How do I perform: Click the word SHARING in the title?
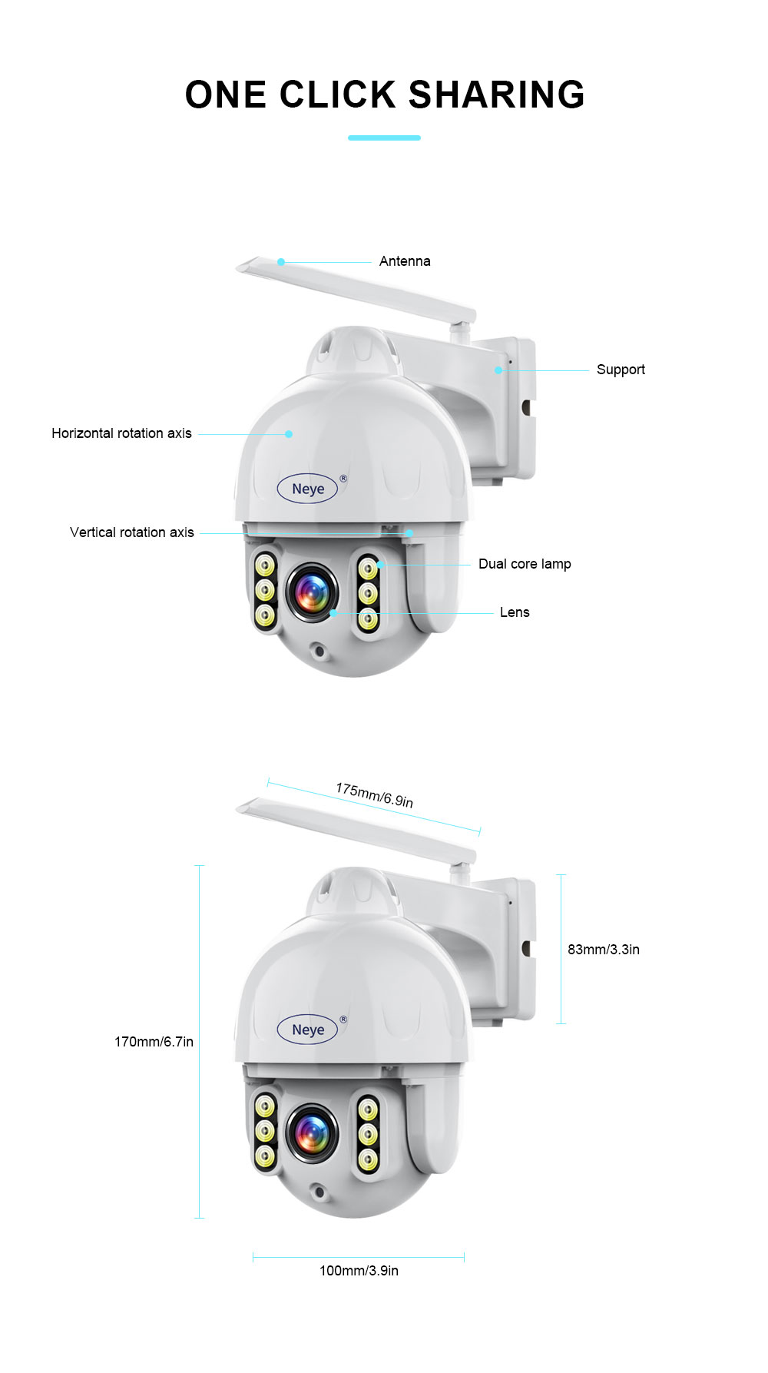(x=496, y=95)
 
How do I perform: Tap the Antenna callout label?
(x=405, y=261)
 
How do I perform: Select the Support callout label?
(x=621, y=370)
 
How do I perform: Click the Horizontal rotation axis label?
(x=121, y=433)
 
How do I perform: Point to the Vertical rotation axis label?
(x=132, y=532)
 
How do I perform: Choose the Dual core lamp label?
(x=525, y=564)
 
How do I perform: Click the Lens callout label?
(x=515, y=612)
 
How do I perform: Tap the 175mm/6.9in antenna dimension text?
(x=374, y=795)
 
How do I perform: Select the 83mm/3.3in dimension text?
(x=604, y=950)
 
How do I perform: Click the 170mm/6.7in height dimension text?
(x=154, y=1042)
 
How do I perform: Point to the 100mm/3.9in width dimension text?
(x=359, y=1271)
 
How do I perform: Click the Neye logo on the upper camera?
(x=308, y=489)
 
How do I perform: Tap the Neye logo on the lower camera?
(x=308, y=1030)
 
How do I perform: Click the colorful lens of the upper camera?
(x=312, y=592)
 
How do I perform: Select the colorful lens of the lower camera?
(x=312, y=1133)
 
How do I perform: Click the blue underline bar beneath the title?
(x=384, y=138)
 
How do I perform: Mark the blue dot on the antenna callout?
(x=281, y=262)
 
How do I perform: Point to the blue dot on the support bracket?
(x=498, y=370)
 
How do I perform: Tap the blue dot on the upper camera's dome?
(x=289, y=434)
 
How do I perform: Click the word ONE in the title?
(x=226, y=95)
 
